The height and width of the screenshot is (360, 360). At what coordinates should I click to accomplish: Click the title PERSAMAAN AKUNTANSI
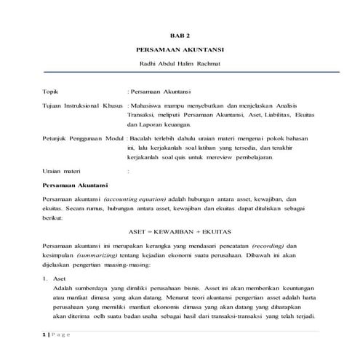click(180, 51)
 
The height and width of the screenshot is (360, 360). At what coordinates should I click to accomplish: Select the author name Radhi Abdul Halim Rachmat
click(180, 65)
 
